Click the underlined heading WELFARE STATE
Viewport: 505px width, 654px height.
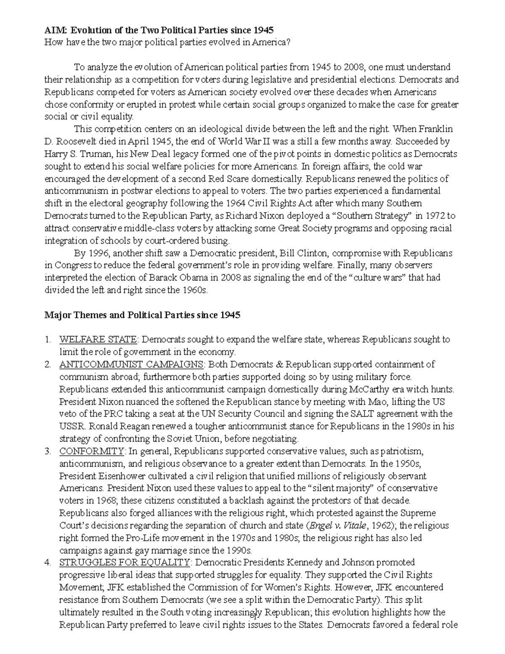98,339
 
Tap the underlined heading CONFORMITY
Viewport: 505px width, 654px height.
91,451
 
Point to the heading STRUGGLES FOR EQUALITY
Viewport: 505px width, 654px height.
125,563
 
